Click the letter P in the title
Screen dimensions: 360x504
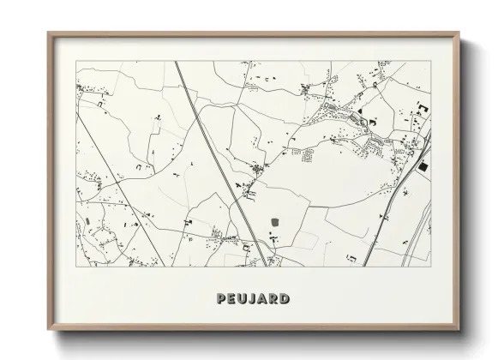[223, 299]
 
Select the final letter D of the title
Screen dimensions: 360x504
[284, 299]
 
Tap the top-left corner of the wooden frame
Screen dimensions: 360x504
[48, 33]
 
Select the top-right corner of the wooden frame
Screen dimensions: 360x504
[460, 33]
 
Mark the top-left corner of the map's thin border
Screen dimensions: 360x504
[76, 62]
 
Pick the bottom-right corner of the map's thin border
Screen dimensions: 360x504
[431, 266]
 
